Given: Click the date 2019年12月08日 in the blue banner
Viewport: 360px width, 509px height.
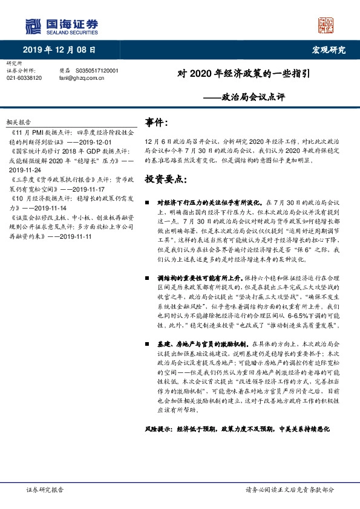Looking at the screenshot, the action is click(x=59, y=49).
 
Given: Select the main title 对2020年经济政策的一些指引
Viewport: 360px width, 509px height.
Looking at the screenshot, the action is click(x=244, y=75).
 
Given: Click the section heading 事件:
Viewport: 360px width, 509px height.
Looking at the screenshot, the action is click(x=157, y=122).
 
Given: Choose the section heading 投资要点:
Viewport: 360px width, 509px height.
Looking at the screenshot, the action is click(x=165, y=180).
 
